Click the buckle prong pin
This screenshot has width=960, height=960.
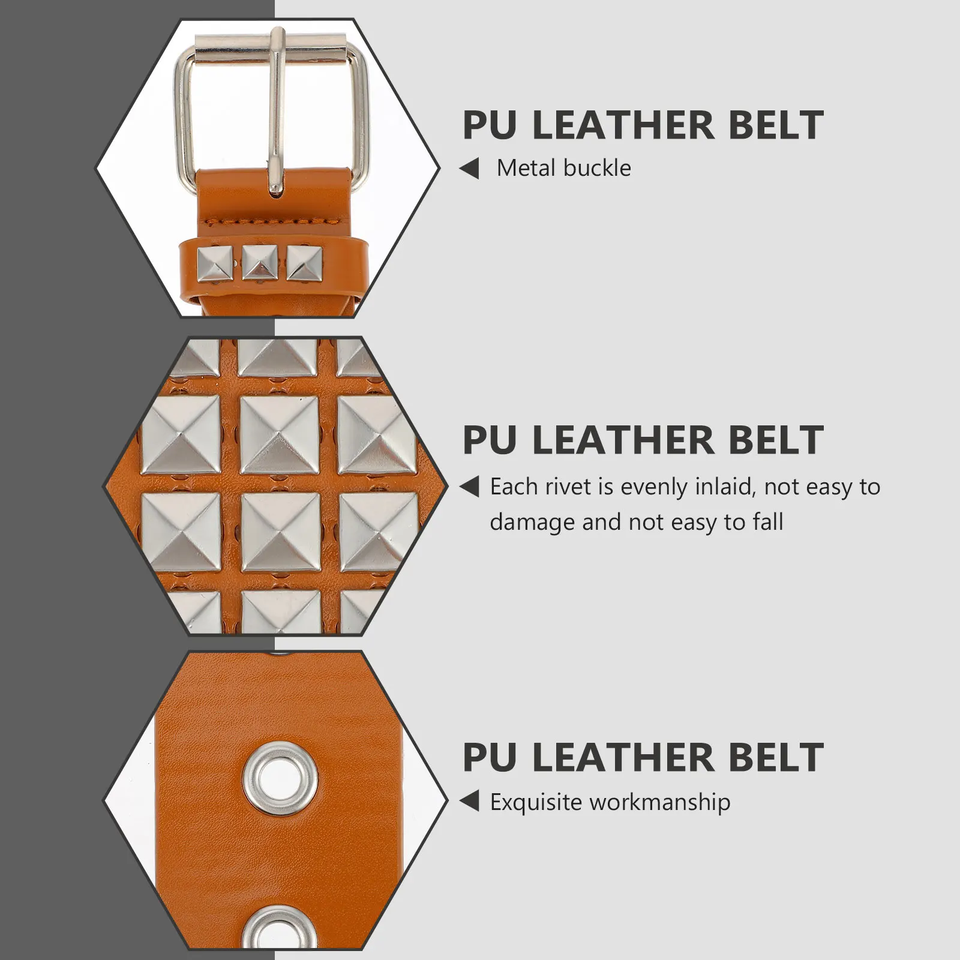point(276,114)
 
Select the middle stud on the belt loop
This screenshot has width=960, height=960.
point(260,262)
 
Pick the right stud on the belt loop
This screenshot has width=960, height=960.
point(304,263)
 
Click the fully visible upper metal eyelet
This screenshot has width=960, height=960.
point(281,778)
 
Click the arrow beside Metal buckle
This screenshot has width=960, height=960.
point(470,169)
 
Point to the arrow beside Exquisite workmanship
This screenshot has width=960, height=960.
point(470,802)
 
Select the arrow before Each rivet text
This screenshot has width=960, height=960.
point(470,487)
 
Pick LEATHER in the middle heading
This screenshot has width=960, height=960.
point(623,440)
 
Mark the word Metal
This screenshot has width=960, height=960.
point(523,169)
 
